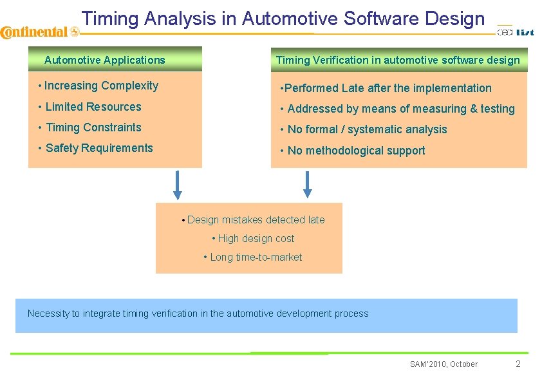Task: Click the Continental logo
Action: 39,32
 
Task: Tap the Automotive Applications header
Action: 105,61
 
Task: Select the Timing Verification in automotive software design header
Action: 398,61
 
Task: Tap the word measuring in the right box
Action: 440,109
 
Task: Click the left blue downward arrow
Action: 178,185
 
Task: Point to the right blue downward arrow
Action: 308,183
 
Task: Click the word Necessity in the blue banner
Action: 48,314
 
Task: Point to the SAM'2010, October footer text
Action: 444,364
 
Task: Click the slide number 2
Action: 518,364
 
